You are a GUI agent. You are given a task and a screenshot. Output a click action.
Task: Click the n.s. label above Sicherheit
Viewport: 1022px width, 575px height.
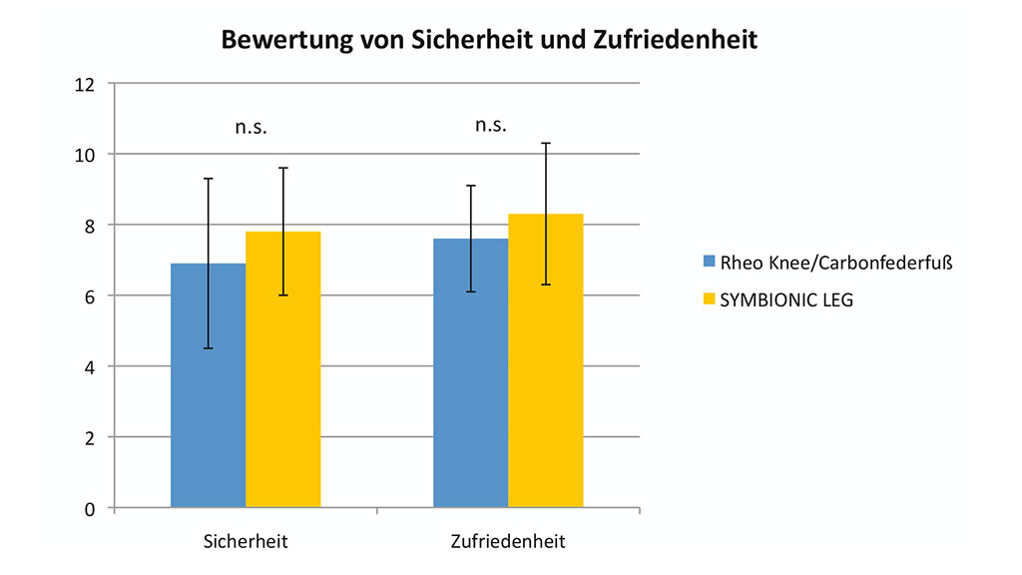pos(251,127)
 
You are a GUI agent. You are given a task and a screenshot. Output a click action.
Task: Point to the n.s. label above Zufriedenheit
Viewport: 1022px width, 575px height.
pos(491,125)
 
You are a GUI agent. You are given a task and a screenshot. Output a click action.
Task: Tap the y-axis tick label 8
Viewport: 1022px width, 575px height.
pos(90,226)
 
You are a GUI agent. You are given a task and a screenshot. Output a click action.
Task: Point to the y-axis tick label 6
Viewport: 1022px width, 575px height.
pos(90,296)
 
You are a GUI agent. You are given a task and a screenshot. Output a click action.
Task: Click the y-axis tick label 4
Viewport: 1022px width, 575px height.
pos(90,366)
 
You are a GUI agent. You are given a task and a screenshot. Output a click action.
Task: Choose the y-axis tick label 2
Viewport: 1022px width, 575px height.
pos(90,437)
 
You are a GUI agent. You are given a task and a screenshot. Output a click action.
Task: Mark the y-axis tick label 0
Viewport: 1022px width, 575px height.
pos(90,508)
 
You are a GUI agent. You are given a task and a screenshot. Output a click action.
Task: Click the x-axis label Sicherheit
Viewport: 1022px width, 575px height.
pos(246,542)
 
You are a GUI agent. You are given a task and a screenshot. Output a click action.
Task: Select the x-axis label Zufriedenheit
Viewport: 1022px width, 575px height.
pos(508,542)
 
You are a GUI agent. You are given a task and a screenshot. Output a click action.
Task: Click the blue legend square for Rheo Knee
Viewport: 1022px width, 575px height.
pos(710,262)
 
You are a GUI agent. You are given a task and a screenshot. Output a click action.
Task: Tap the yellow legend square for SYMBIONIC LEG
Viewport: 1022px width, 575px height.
pos(710,298)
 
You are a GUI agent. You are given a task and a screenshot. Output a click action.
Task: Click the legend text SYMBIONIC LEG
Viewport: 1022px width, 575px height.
pos(786,298)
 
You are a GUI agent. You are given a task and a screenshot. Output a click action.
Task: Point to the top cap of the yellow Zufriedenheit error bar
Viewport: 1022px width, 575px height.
pos(546,143)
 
